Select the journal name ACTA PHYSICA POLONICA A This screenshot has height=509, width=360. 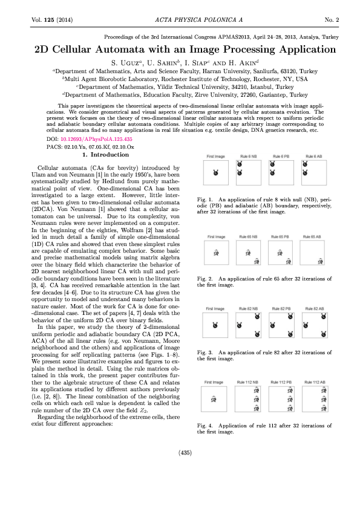(x=180, y=20)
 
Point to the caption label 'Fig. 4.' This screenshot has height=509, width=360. (x=206, y=425)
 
